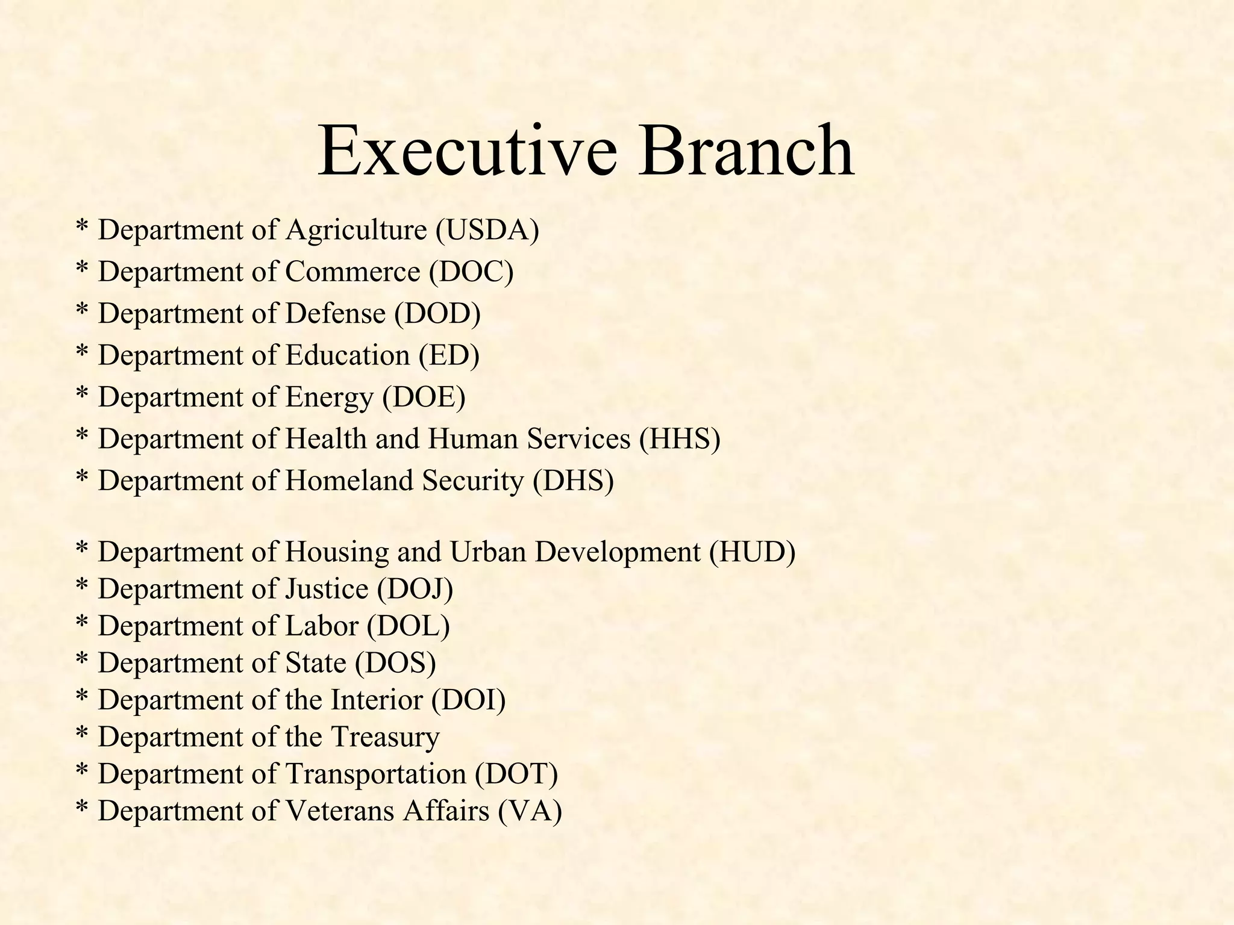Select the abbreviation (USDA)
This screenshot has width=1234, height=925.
click(x=487, y=231)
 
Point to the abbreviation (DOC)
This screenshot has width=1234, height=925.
click(x=471, y=272)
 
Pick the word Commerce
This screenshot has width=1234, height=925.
click(x=352, y=272)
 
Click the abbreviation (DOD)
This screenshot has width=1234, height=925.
click(x=437, y=314)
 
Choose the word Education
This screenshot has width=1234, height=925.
click(x=347, y=355)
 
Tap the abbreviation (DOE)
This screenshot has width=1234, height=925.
click(x=424, y=397)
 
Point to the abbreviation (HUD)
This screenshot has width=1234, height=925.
click(x=752, y=552)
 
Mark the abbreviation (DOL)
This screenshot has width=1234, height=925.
click(x=408, y=626)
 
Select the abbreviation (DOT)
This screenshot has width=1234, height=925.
click(x=516, y=774)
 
